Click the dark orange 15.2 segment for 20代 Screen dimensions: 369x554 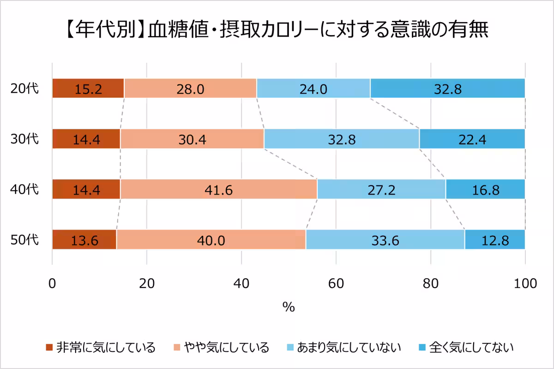88,89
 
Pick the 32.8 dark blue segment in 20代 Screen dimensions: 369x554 447,89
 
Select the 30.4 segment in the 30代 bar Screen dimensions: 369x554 192,139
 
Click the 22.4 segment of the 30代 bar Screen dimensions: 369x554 472,139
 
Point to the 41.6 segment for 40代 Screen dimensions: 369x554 218,189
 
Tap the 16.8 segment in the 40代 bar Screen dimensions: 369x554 485,189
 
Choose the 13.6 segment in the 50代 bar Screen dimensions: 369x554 84,239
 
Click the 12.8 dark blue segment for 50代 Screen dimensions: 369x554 494,239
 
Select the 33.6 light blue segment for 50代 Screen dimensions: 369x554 385,239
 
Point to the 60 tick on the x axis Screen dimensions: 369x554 336,283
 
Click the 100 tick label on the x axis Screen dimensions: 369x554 525,283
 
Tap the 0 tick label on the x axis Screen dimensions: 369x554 52,283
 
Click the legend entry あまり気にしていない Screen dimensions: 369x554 343,347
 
